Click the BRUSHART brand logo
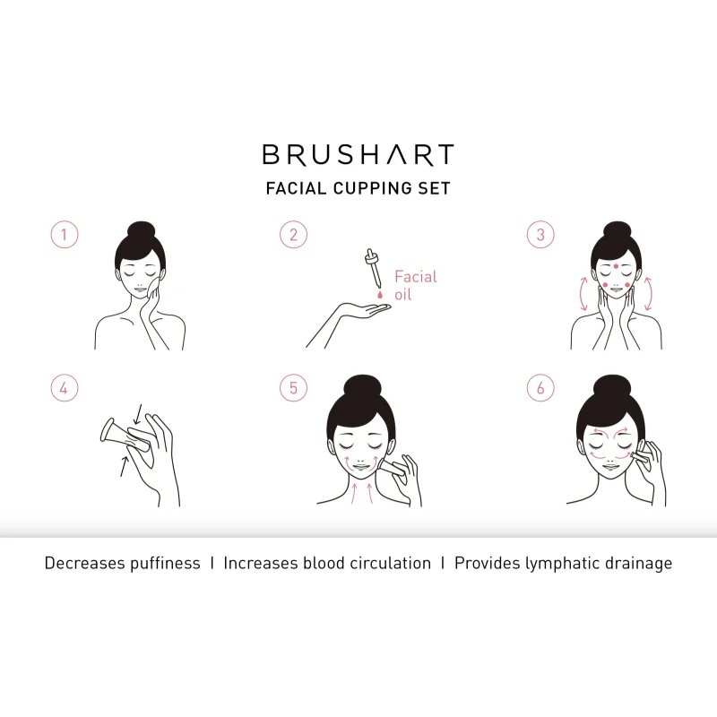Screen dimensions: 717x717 (358, 154)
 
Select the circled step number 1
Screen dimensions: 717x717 (65, 235)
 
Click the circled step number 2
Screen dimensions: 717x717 (293, 235)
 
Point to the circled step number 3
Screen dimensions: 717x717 (540, 235)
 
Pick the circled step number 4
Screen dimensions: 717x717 (65, 388)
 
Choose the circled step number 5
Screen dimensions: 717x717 (293, 388)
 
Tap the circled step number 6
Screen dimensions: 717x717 (540, 388)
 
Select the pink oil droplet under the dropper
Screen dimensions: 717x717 (379, 296)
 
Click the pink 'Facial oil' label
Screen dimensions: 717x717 (415, 286)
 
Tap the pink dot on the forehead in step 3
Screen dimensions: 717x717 (617, 266)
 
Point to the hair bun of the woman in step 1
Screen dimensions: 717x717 (142, 231)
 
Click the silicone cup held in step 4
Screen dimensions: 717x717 (125, 435)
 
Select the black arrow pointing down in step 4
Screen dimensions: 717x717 (137, 414)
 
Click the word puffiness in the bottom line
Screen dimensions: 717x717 (165, 564)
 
